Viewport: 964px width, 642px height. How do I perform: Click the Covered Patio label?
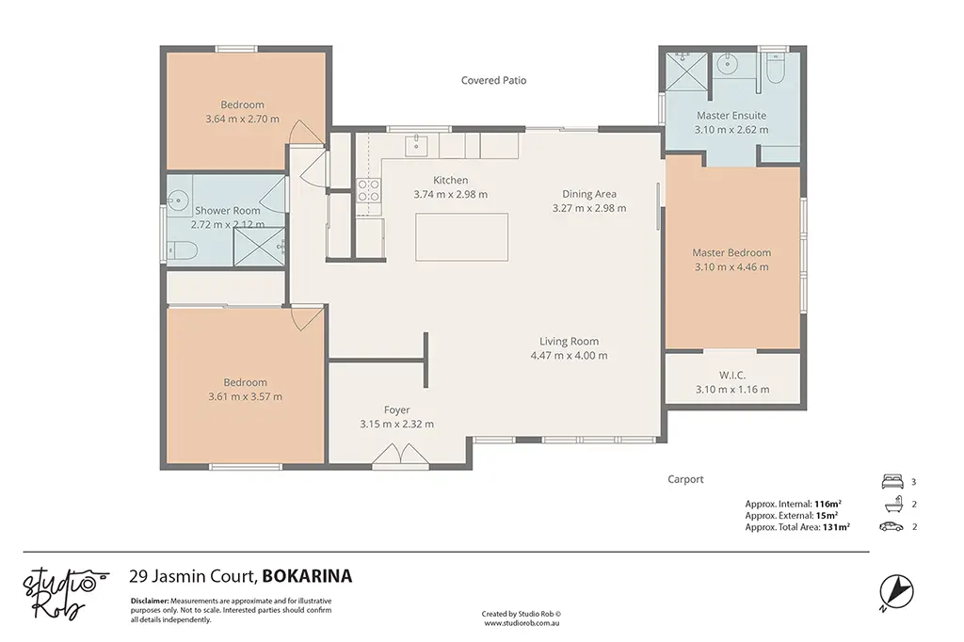point(493,80)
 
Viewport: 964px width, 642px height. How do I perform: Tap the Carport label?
point(685,479)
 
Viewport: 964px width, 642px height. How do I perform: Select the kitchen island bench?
point(461,237)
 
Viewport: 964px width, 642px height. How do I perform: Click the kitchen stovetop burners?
point(369,190)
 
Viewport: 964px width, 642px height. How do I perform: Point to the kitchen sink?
point(416,146)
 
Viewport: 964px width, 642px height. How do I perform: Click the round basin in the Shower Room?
point(178,200)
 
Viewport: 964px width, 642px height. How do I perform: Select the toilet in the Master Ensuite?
point(774,69)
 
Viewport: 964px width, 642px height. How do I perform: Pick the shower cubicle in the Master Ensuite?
point(686,72)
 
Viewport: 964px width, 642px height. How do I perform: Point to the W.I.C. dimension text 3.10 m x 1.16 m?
point(732,390)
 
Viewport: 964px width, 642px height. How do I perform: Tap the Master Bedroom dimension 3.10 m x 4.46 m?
point(731,267)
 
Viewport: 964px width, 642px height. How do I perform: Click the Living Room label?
point(570,342)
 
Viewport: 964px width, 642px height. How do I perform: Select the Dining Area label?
point(589,194)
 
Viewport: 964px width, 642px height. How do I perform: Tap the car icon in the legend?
point(892,526)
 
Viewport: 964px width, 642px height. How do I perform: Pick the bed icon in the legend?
point(892,482)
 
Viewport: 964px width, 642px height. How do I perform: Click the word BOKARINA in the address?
point(308,576)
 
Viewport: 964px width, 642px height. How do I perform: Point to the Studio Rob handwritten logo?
point(65,592)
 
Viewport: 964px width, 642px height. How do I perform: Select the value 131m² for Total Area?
point(836,527)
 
